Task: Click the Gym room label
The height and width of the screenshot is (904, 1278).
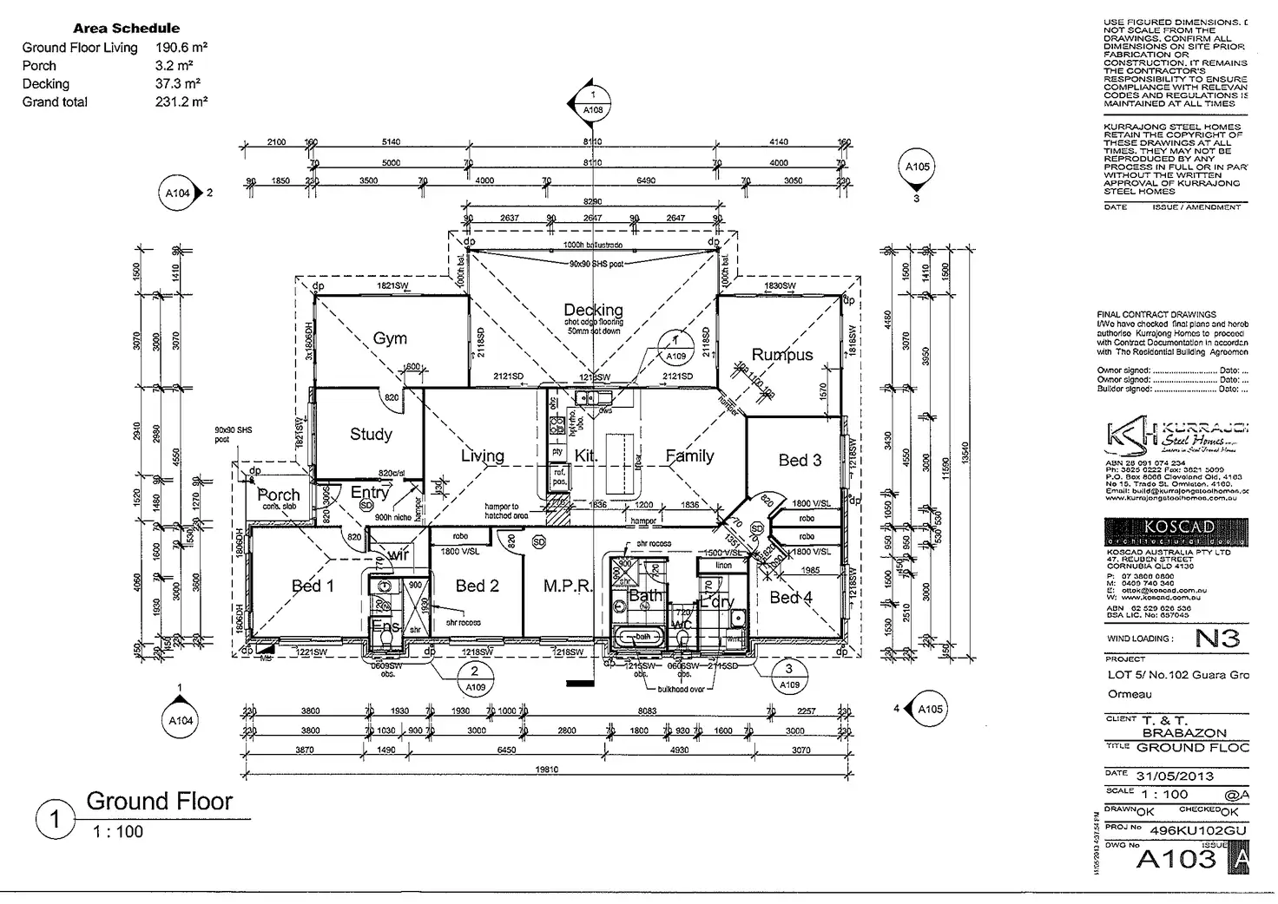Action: coord(390,338)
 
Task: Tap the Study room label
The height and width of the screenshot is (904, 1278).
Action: coord(371,434)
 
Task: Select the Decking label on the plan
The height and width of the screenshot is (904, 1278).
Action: coord(593,310)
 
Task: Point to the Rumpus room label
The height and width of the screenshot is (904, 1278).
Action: coord(781,355)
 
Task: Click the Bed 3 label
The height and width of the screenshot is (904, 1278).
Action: coord(800,460)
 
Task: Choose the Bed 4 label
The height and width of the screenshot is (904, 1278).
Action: coord(791,597)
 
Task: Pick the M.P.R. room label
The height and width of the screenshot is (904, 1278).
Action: coord(569,586)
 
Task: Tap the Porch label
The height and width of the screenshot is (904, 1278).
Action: coord(279,495)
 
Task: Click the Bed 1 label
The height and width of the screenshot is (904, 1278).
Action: coord(313,586)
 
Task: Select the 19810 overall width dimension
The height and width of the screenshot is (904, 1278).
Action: coord(547,770)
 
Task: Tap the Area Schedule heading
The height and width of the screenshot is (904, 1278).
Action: coord(127,28)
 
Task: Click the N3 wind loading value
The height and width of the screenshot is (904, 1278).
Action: coord(1217,639)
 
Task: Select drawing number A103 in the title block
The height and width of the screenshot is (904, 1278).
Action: coord(1176,859)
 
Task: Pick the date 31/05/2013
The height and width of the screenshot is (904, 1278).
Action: coord(1176,776)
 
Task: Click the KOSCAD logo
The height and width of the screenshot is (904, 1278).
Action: coord(1176,530)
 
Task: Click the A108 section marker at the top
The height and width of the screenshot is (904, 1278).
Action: coord(592,104)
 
